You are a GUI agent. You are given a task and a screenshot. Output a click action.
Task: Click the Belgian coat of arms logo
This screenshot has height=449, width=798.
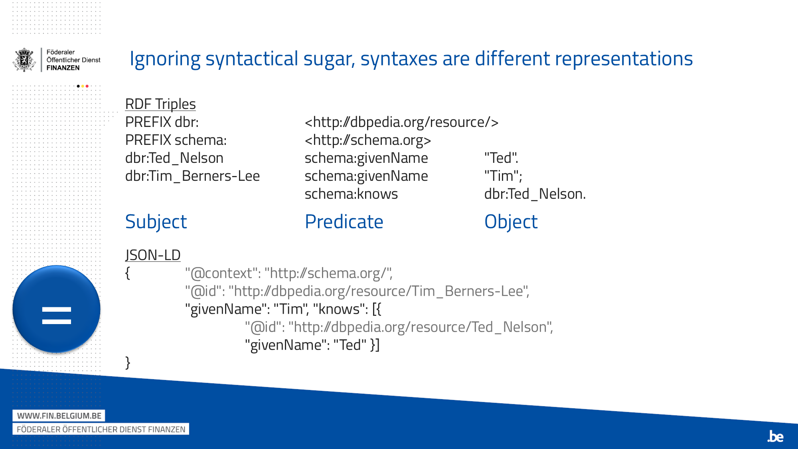point(24,60)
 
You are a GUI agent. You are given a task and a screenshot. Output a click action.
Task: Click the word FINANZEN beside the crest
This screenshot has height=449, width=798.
point(63,68)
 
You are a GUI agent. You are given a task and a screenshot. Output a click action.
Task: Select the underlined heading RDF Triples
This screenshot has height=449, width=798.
point(160,104)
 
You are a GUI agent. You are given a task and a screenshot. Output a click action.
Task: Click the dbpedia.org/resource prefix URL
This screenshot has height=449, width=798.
point(401,122)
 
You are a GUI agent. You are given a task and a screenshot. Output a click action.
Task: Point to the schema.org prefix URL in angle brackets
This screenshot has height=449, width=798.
point(367,140)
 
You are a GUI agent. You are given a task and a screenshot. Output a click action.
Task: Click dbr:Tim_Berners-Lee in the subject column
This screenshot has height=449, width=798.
point(192,176)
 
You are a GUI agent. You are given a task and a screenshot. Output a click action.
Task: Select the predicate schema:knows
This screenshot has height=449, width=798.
point(351,194)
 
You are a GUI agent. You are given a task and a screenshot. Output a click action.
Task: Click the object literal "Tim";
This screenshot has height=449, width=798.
point(503,176)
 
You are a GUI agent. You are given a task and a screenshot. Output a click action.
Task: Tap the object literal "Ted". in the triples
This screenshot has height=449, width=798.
point(501,158)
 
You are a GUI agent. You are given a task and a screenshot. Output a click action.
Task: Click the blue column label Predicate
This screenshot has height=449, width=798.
point(344,222)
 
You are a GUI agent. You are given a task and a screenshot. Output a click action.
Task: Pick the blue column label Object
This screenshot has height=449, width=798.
point(511,222)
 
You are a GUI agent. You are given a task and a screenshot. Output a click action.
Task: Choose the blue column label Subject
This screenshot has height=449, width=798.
point(156,222)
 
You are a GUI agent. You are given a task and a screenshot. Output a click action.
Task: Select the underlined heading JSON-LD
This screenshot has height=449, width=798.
point(153,255)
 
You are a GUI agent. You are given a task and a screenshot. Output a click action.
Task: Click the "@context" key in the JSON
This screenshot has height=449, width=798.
point(221,273)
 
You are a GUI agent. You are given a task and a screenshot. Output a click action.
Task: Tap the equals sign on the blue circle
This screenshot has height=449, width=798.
point(56,315)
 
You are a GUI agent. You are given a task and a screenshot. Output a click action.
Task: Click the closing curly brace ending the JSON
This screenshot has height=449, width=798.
point(128,362)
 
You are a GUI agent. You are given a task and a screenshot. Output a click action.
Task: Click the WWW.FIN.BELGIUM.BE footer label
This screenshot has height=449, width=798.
point(59,415)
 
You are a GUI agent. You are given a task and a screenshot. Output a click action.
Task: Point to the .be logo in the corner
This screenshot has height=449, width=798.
point(775,436)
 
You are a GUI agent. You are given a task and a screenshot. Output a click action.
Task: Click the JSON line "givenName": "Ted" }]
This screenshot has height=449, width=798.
point(312,345)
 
